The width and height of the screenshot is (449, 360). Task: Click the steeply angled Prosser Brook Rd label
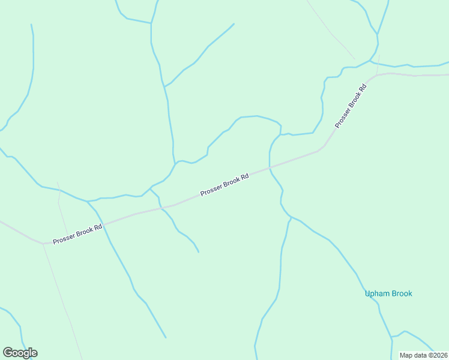pos(351,105)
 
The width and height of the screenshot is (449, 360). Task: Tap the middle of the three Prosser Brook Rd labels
pos(224,185)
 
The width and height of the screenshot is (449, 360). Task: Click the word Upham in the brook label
pos(376,293)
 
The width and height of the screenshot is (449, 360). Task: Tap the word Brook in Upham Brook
pos(402,293)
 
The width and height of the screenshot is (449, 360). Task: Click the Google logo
pos(20,353)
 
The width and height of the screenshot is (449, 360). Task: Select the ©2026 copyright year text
pos(438,355)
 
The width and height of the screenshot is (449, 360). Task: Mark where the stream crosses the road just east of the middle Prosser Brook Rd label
pos(270,167)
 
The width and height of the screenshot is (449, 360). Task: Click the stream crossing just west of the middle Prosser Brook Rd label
pos(161,208)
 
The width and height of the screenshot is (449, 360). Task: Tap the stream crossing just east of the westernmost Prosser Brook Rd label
pos(103,224)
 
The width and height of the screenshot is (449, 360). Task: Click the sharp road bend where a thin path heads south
pos(43,244)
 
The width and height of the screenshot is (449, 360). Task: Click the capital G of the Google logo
pos(8,352)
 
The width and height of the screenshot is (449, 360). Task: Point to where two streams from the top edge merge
pos(151,23)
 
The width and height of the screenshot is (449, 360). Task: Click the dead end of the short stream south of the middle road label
pos(199,252)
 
